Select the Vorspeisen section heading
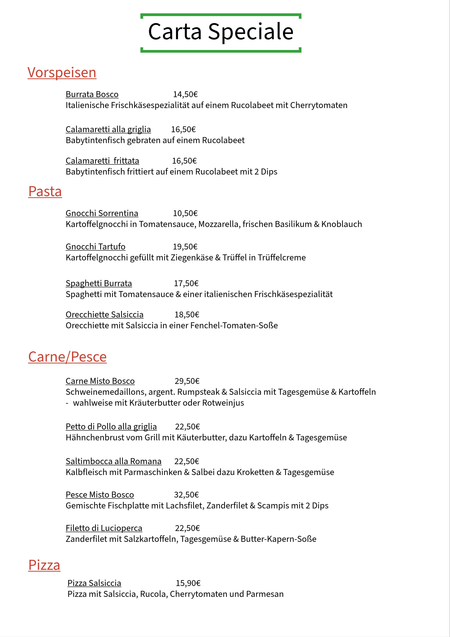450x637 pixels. click(x=62, y=73)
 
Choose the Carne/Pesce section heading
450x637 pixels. click(x=67, y=357)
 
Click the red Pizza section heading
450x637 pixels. click(x=44, y=565)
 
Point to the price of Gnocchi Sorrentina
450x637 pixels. click(x=185, y=213)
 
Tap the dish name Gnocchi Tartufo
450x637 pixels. click(x=95, y=247)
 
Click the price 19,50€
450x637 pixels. click(x=185, y=247)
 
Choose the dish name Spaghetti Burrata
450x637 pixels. click(x=99, y=283)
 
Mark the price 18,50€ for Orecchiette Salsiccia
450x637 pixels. click(x=187, y=315)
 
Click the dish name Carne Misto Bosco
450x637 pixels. click(x=100, y=381)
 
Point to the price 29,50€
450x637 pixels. click(x=187, y=381)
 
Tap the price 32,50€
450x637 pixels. click(x=186, y=495)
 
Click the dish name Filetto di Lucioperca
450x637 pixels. click(x=104, y=528)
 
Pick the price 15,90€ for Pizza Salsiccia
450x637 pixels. click(x=188, y=583)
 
